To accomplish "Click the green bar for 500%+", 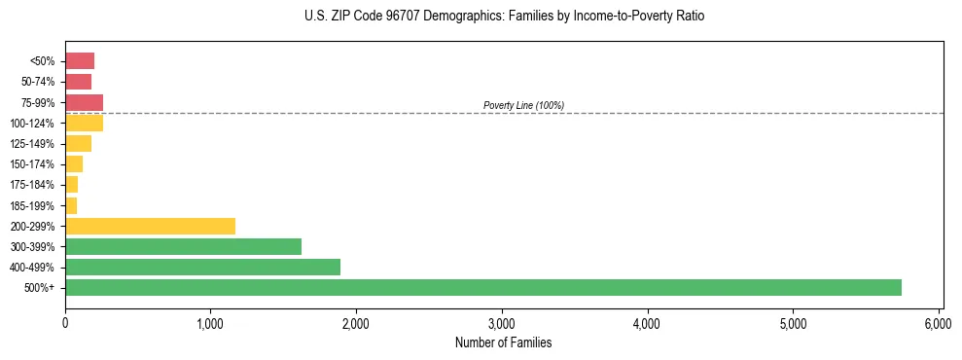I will click(483, 287).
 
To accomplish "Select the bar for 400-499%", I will click(202, 267).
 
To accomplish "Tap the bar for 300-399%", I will click(183, 246).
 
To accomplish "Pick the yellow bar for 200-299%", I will click(150, 226).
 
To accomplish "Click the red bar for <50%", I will click(80, 61).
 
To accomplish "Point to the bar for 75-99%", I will click(84, 102).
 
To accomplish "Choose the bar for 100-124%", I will click(84, 123).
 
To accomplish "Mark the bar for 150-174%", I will click(74, 164).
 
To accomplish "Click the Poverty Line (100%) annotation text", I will click(523, 105).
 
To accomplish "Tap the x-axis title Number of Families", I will click(502, 342).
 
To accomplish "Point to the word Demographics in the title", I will click(434, 17).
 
